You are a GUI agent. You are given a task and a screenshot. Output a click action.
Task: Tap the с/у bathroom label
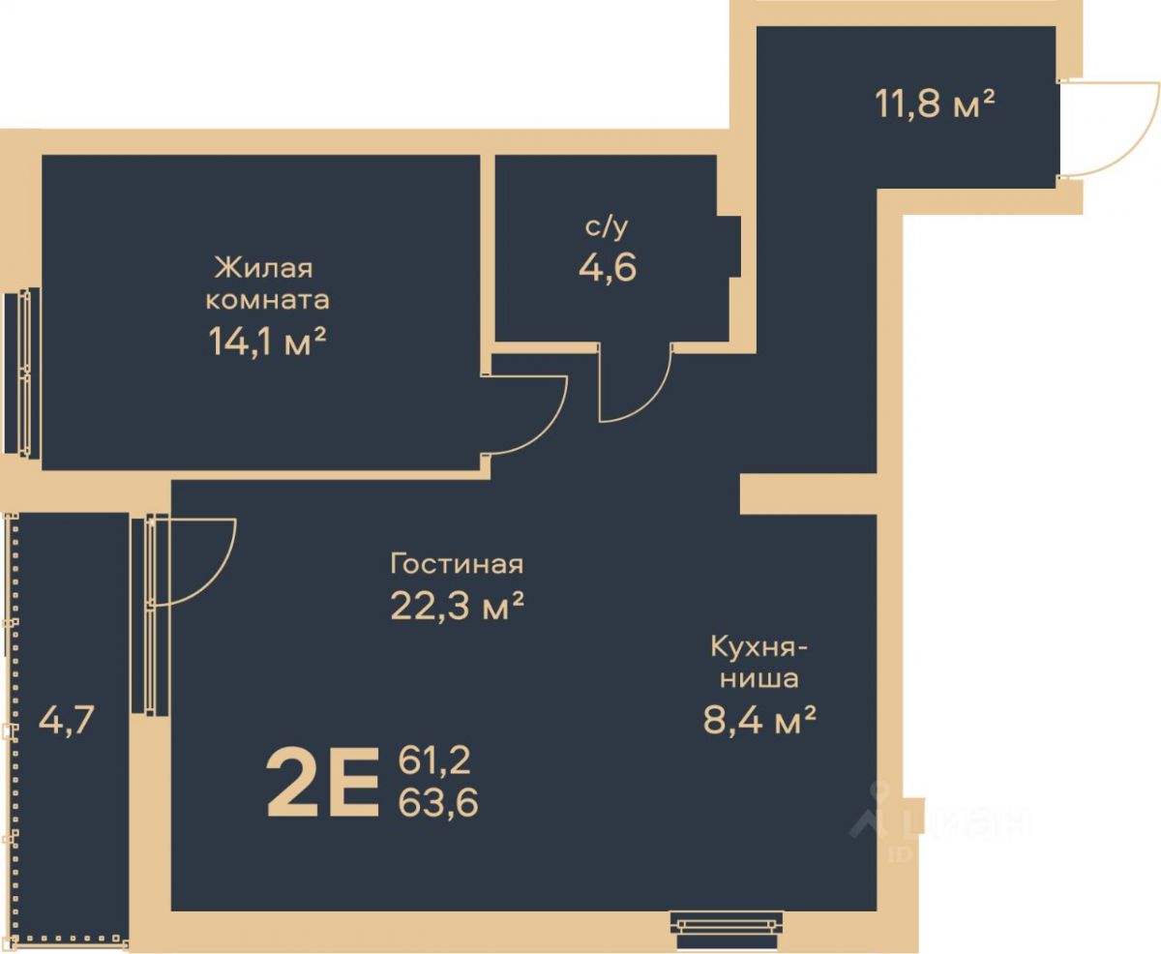coord(606,226)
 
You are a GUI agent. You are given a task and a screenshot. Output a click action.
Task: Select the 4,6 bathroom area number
coord(608,268)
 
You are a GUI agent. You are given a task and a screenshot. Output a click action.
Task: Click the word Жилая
coord(264,268)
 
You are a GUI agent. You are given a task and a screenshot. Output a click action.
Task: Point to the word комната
coord(268,301)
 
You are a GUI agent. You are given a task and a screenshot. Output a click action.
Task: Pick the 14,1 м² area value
coord(268,342)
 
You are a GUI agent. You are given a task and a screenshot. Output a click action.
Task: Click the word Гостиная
coord(457,564)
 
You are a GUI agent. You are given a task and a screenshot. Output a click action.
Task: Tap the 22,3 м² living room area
coord(457,606)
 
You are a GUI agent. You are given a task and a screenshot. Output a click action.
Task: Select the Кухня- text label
coord(759,649)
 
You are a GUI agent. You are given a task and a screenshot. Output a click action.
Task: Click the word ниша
coord(759,679)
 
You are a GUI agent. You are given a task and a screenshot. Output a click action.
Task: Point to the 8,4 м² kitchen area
coord(759,719)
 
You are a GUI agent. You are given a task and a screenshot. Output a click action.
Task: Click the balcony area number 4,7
coord(67,721)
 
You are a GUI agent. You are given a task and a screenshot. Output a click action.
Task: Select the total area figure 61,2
coord(434,760)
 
